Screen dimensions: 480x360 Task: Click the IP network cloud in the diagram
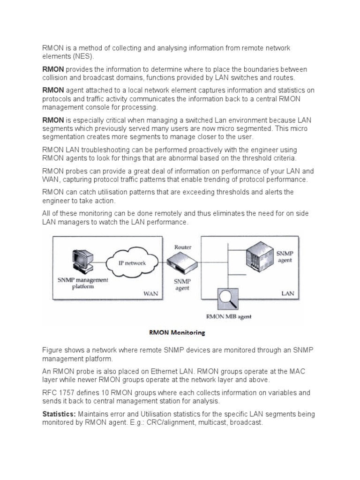pos(132,262)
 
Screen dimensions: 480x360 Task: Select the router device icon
pos(182,260)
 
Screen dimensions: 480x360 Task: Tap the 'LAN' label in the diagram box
pos(287,294)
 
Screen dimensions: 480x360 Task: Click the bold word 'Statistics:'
pos(59,414)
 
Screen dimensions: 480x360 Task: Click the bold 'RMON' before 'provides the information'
pos(53,69)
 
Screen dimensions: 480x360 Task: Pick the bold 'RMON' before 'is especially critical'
pos(53,120)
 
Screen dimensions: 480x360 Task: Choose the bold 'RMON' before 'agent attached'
pos(53,90)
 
